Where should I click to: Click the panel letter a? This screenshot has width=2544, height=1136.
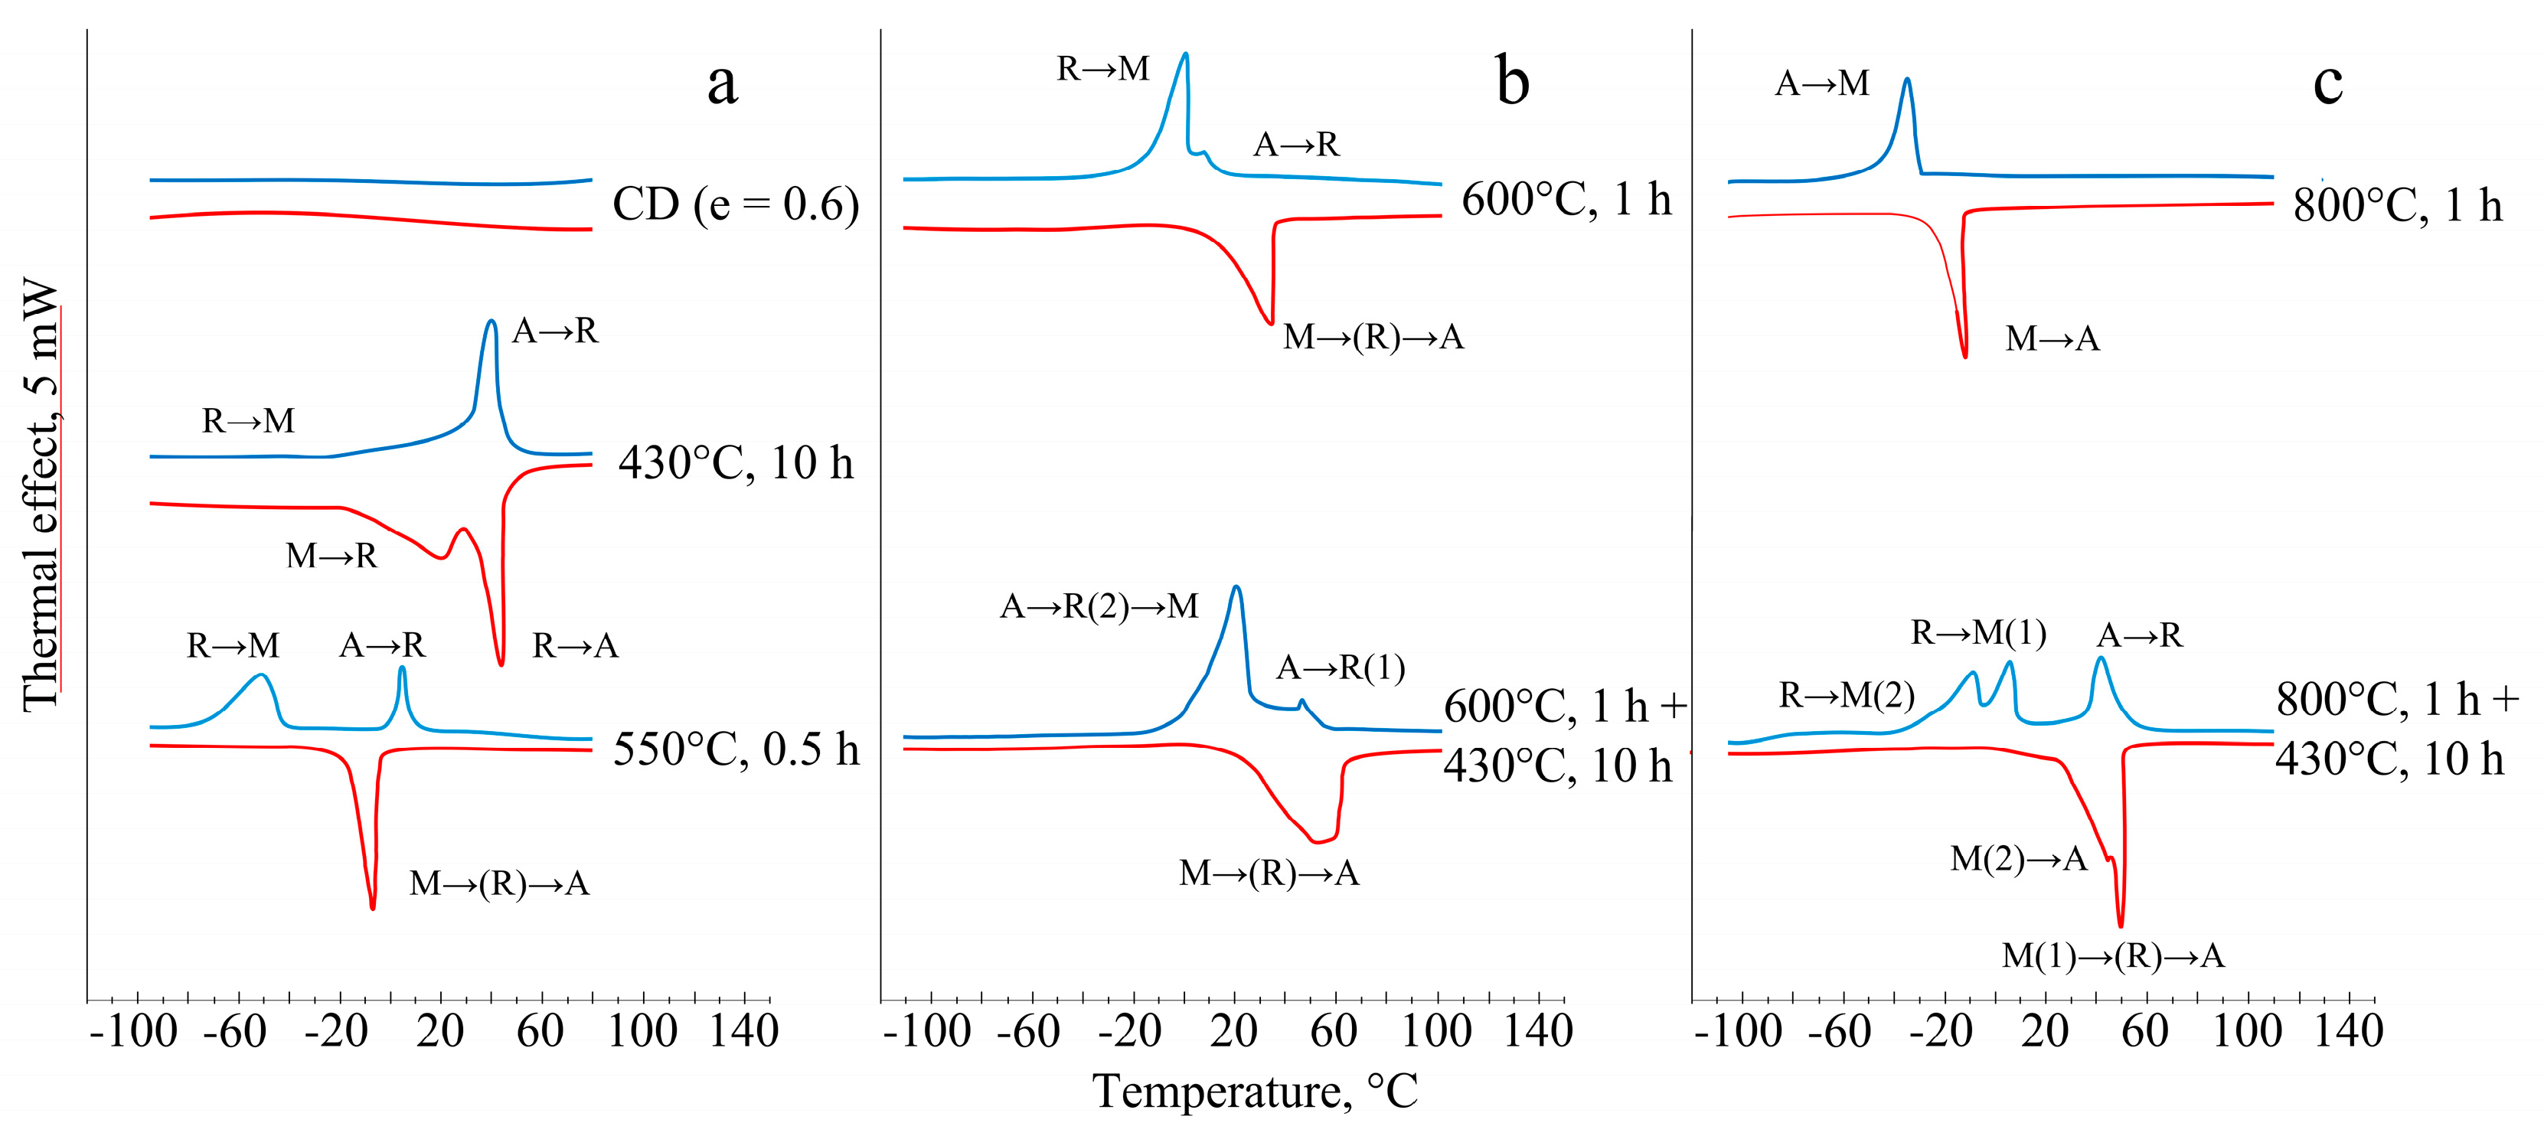722,83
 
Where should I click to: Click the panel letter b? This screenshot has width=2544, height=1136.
1512,81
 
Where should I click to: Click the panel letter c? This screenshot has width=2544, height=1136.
2327,83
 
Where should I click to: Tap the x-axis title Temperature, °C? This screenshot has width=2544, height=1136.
1256,1092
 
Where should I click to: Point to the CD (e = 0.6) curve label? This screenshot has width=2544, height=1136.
736,204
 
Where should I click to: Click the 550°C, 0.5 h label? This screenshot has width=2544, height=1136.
736,749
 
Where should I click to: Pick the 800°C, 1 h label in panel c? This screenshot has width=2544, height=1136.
2397,205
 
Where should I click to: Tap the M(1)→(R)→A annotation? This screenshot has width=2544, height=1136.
2112,956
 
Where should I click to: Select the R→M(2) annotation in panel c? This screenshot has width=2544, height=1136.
1846,695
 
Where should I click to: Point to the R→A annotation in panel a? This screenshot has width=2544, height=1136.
575,646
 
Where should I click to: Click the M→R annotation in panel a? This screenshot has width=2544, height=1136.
331,557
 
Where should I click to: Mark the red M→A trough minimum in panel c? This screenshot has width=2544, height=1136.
1964,356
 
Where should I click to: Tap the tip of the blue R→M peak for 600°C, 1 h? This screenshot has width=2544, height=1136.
1185,54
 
